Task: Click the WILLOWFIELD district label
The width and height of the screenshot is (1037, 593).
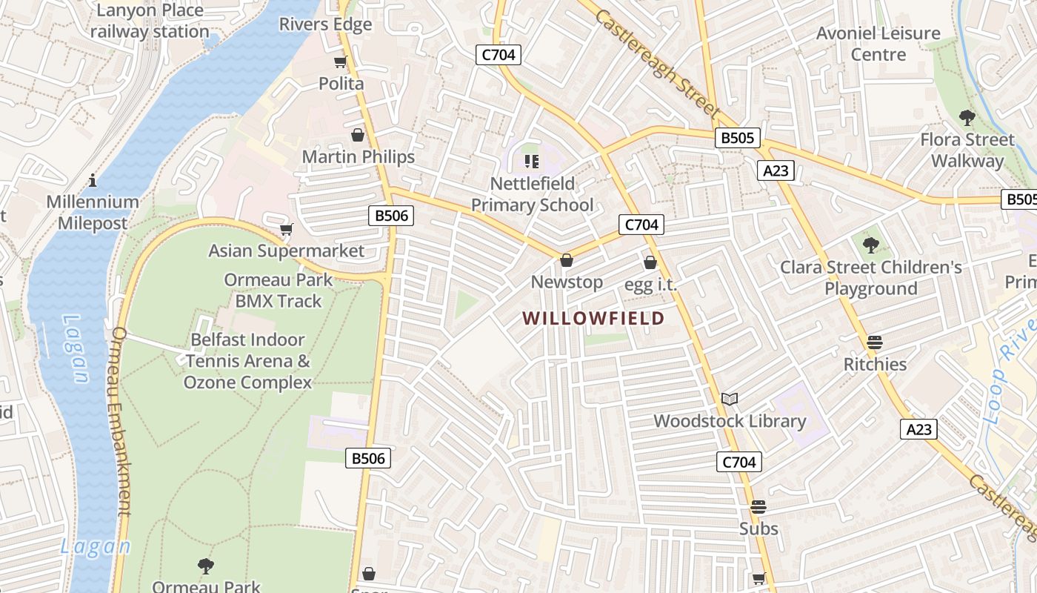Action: coord(593,318)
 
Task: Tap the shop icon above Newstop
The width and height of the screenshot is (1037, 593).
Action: coord(567,260)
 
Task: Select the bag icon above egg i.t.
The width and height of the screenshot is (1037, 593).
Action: coord(650,262)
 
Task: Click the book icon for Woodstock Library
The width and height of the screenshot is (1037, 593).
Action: coord(730,400)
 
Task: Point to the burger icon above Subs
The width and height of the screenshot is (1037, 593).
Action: coord(758,507)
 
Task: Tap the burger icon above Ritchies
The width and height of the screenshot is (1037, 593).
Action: coord(875,342)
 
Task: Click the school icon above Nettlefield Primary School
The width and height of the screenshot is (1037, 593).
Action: coord(531,161)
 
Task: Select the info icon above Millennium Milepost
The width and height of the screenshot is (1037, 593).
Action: coord(93,180)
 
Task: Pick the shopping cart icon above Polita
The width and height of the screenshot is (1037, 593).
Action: coord(341,62)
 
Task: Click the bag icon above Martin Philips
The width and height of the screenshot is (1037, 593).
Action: coord(358,135)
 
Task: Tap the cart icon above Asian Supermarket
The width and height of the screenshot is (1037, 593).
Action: coord(286,230)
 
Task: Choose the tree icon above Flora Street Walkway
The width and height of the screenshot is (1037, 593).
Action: coord(967,118)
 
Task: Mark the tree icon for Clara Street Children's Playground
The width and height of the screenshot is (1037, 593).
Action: coord(871,245)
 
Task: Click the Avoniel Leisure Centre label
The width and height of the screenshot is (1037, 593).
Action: coord(878,44)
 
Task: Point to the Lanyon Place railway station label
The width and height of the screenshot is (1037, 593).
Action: coord(149,21)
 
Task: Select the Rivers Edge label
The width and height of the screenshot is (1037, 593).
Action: coord(325,24)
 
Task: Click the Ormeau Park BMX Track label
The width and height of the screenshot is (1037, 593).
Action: coord(279,291)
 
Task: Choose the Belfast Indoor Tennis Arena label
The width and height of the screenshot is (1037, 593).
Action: coord(247,361)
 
